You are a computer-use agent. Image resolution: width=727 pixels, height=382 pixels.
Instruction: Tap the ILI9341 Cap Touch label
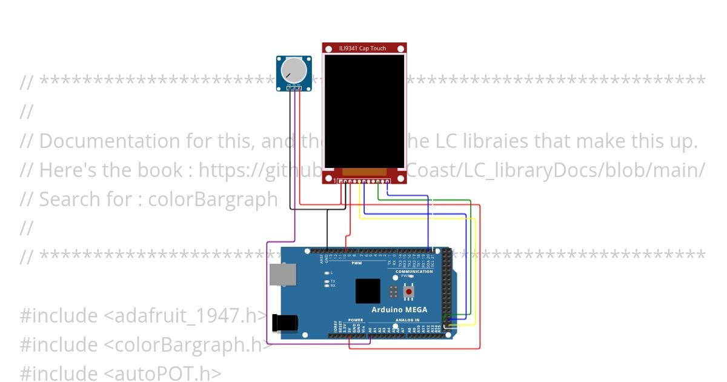tap(364, 49)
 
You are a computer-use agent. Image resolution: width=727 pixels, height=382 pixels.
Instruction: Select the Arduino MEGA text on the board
tap(400, 310)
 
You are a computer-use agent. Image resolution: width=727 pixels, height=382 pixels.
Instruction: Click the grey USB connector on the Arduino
tap(283, 275)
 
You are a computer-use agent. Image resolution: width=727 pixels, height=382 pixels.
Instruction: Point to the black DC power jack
tap(284, 322)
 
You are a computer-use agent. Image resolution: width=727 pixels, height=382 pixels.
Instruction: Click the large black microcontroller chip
tap(368, 291)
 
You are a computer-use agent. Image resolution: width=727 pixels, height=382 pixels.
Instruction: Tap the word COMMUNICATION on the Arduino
tap(414, 272)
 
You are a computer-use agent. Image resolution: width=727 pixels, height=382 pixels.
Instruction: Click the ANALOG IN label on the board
tap(407, 320)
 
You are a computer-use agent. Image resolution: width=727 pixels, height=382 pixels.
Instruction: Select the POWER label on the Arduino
tap(356, 320)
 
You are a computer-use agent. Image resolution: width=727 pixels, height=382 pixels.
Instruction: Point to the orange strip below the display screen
tap(364, 172)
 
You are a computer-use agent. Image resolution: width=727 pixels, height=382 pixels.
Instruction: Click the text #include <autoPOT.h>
tap(121, 374)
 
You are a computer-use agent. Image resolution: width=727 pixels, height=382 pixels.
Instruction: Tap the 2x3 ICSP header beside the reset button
tap(394, 292)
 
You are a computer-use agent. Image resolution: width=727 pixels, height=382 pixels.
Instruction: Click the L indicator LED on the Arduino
tap(327, 273)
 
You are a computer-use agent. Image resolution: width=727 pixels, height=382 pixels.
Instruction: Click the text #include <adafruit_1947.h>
tap(143, 315)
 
